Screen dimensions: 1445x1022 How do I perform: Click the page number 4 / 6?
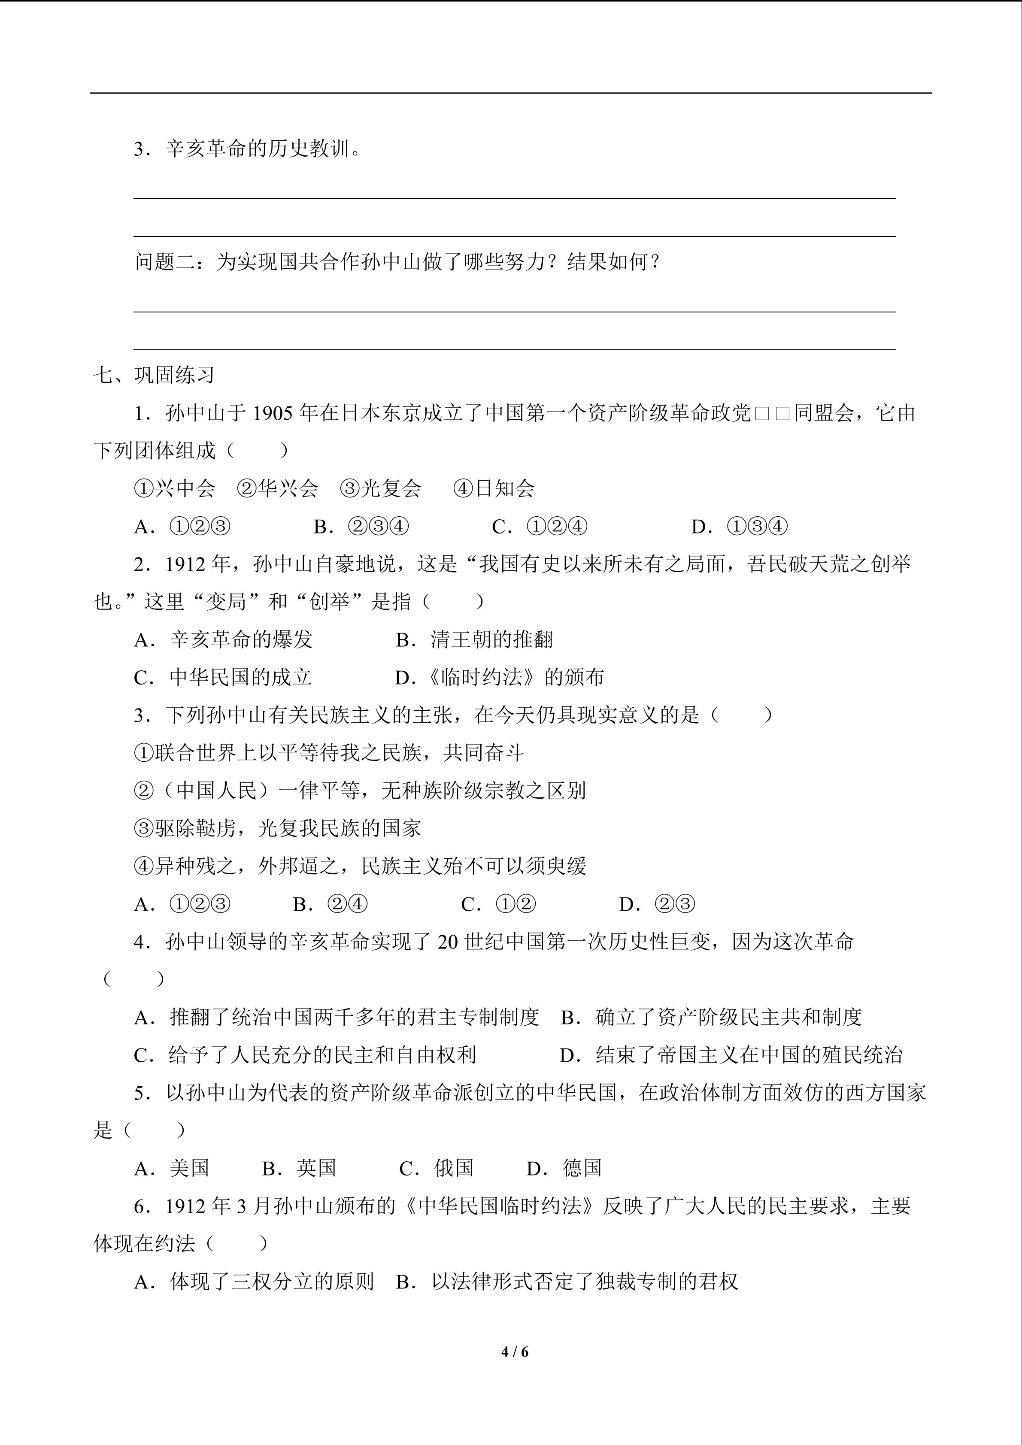[515, 1351]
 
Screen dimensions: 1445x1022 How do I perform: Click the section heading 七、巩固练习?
[154, 375]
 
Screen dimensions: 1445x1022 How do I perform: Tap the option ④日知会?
[494, 488]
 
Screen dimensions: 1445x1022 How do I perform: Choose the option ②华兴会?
[278, 488]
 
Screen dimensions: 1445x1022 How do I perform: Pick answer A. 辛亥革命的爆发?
[223, 639]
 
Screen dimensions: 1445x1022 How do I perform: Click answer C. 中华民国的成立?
[223, 677]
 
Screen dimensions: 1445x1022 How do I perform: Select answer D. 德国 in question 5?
[564, 1168]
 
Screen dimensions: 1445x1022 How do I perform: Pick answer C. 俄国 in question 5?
[436, 1168]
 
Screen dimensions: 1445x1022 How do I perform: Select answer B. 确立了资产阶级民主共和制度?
[711, 1017]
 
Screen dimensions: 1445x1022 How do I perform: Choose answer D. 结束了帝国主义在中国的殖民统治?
[731, 1055]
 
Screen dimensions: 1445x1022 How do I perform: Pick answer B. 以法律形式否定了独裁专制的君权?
[567, 1281]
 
